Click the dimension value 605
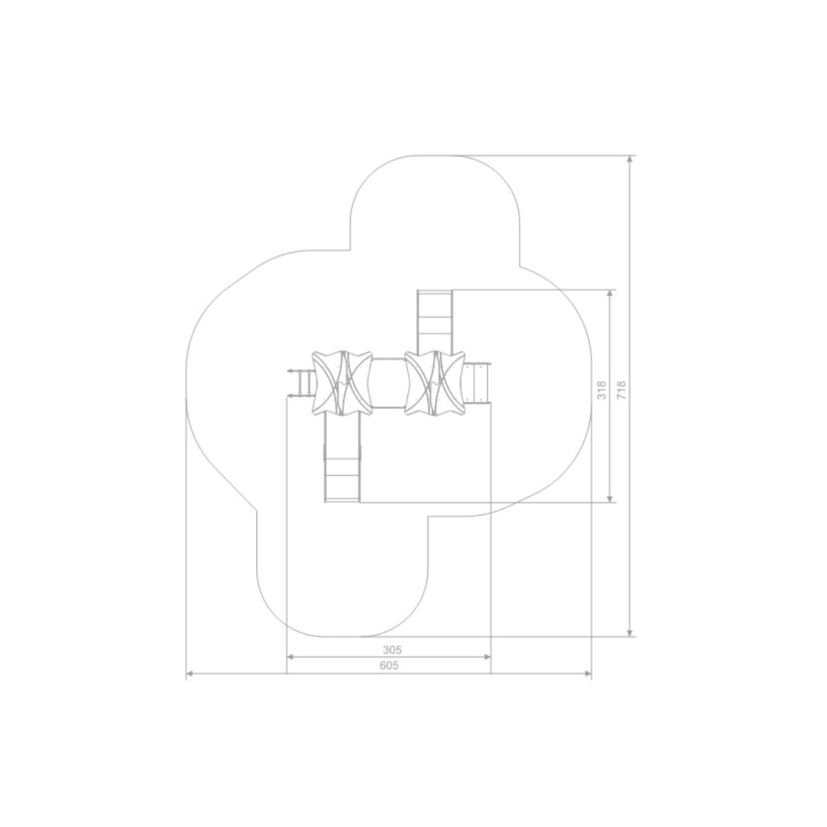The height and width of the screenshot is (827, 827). [x=390, y=665]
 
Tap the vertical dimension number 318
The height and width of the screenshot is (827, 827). [x=602, y=390]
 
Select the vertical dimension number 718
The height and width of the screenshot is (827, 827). [x=621, y=390]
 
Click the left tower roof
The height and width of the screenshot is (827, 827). [x=343, y=382]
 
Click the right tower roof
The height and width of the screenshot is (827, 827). [x=436, y=382]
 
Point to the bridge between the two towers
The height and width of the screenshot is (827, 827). [x=390, y=382]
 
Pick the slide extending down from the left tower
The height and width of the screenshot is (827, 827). [x=343, y=458]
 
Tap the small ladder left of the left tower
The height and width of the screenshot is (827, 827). [x=300, y=383]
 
